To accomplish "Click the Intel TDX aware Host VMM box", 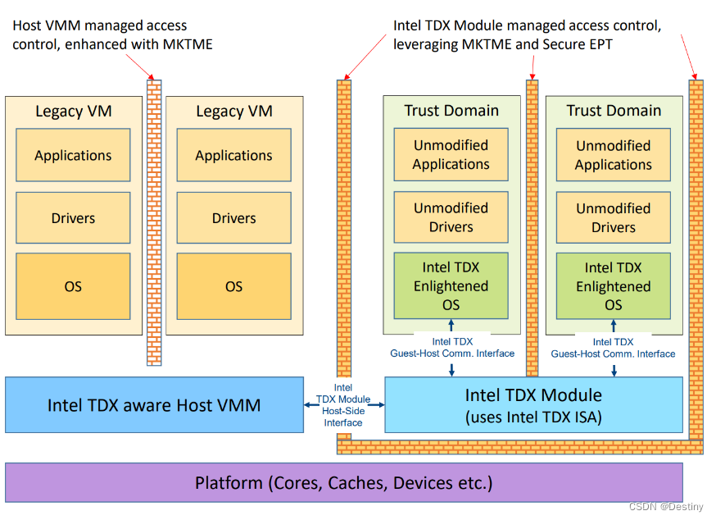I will click(x=154, y=404).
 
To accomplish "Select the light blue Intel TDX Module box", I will click(x=533, y=404).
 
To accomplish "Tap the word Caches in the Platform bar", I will click(x=356, y=482).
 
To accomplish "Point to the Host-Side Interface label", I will click(x=343, y=405).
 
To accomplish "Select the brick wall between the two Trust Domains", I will click(x=532, y=221).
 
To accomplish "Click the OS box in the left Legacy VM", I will click(x=73, y=286).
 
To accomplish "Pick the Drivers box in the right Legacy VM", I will click(x=234, y=218).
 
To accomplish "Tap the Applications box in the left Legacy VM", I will click(x=73, y=155).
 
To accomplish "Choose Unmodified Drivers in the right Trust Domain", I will click(x=613, y=217).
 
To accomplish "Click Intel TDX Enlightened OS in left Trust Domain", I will click(x=451, y=286).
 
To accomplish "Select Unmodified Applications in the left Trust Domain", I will click(x=451, y=155).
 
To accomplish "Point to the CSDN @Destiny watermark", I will click(x=668, y=508).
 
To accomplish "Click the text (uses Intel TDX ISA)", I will click(x=533, y=417).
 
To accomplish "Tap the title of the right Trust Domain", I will click(x=613, y=111).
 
